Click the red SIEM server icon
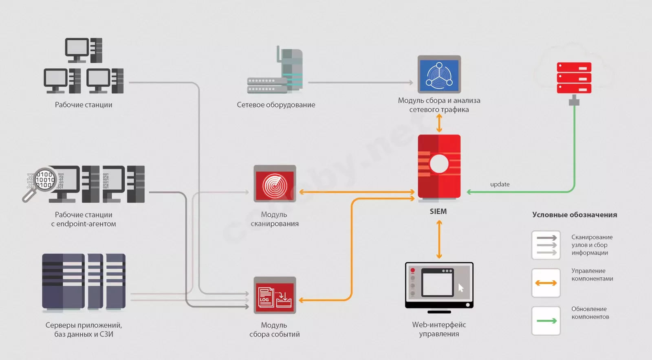(x=439, y=167)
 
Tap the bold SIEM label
(x=438, y=211)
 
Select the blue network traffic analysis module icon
(x=439, y=74)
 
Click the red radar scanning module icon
(x=275, y=184)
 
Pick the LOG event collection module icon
(x=275, y=295)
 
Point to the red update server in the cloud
(x=574, y=78)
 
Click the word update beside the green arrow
(x=500, y=184)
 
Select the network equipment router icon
(x=275, y=70)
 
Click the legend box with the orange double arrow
(x=546, y=283)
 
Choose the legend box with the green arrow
(x=546, y=321)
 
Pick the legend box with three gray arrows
(x=546, y=245)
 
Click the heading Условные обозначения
(x=575, y=215)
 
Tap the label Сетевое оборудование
(x=276, y=105)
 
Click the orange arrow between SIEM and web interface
(x=439, y=239)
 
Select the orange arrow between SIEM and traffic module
(x=439, y=123)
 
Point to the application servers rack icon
(x=84, y=281)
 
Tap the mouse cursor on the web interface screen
(x=461, y=288)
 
